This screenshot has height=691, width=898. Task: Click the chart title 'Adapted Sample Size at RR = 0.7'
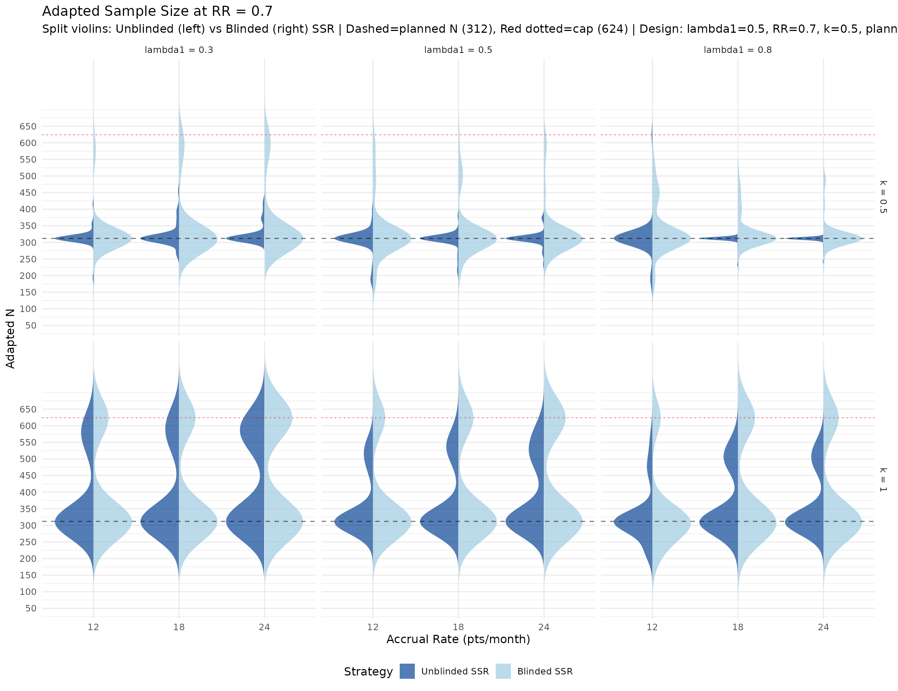157,11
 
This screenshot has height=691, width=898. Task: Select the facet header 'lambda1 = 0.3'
178,50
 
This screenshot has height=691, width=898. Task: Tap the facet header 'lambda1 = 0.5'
458,50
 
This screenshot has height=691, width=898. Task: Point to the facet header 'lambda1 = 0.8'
737,50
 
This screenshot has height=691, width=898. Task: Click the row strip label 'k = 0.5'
883,197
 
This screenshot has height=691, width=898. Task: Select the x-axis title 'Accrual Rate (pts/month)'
458,639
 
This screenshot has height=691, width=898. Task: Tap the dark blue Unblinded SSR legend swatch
407,671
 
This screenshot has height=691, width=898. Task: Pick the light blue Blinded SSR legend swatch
503,671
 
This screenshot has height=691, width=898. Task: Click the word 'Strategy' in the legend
368,672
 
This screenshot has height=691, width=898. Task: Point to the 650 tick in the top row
28,126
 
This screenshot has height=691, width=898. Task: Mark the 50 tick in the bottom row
31,608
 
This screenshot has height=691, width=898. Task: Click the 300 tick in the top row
28,242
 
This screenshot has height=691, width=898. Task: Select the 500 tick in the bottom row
28,459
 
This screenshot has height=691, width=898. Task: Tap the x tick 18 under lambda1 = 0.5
458,627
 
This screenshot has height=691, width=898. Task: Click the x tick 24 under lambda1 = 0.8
823,627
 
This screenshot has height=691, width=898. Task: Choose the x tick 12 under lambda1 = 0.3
93,627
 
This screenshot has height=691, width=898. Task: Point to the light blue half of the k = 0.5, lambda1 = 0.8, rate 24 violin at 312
841,239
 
